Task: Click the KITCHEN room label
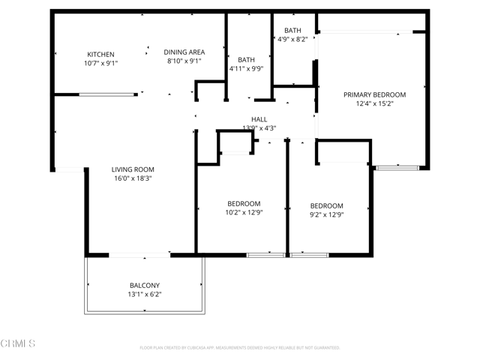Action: point(101,54)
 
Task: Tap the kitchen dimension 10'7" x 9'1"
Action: point(101,64)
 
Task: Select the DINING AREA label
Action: point(184,52)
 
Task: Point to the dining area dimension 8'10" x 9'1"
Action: point(184,61)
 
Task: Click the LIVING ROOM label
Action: point(133,169)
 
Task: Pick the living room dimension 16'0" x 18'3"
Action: point(133,179)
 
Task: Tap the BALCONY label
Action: point(144,285)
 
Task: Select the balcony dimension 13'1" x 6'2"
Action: point(144,295)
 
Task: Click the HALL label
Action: point(259,119)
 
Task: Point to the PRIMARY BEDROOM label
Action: point(374,94)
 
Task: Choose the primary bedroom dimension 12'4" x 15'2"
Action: point(374,104)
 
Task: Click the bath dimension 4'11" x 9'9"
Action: point(246,70)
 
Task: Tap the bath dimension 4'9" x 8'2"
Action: point(292,40)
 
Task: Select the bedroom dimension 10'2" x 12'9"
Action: point(244,213)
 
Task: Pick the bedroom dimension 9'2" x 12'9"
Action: point(327,215)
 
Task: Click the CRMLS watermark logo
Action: point(18,343)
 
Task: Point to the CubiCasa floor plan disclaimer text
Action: point(240,348)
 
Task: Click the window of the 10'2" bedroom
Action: point(265,256)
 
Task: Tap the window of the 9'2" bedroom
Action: point(309,256)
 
